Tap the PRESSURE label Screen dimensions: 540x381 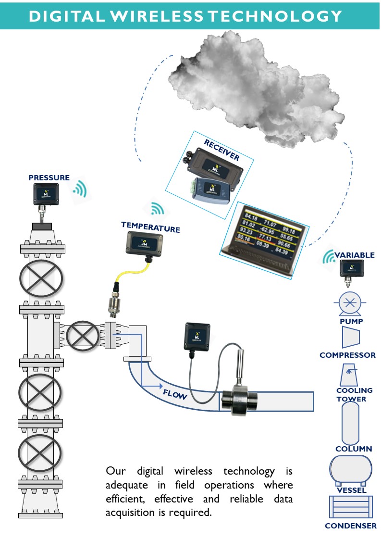(49, 177)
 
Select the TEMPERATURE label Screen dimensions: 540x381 (150, 226)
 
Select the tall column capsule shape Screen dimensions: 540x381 (350, 424)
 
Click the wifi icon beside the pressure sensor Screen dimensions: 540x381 (79, 190)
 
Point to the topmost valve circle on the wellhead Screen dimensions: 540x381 (41, 278)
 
